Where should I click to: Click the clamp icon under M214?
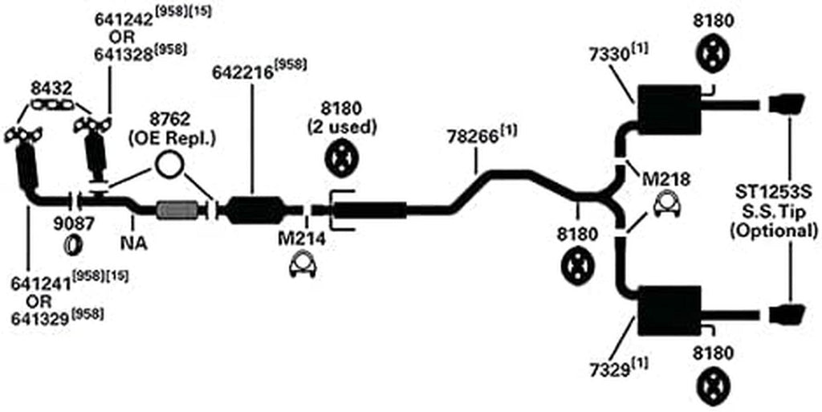click(x=301, y=265)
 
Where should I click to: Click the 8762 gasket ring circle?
click(x=169, y=165)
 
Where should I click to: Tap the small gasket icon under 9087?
click(x=72, y=243)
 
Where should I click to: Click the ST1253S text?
click(x=771, y=193)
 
